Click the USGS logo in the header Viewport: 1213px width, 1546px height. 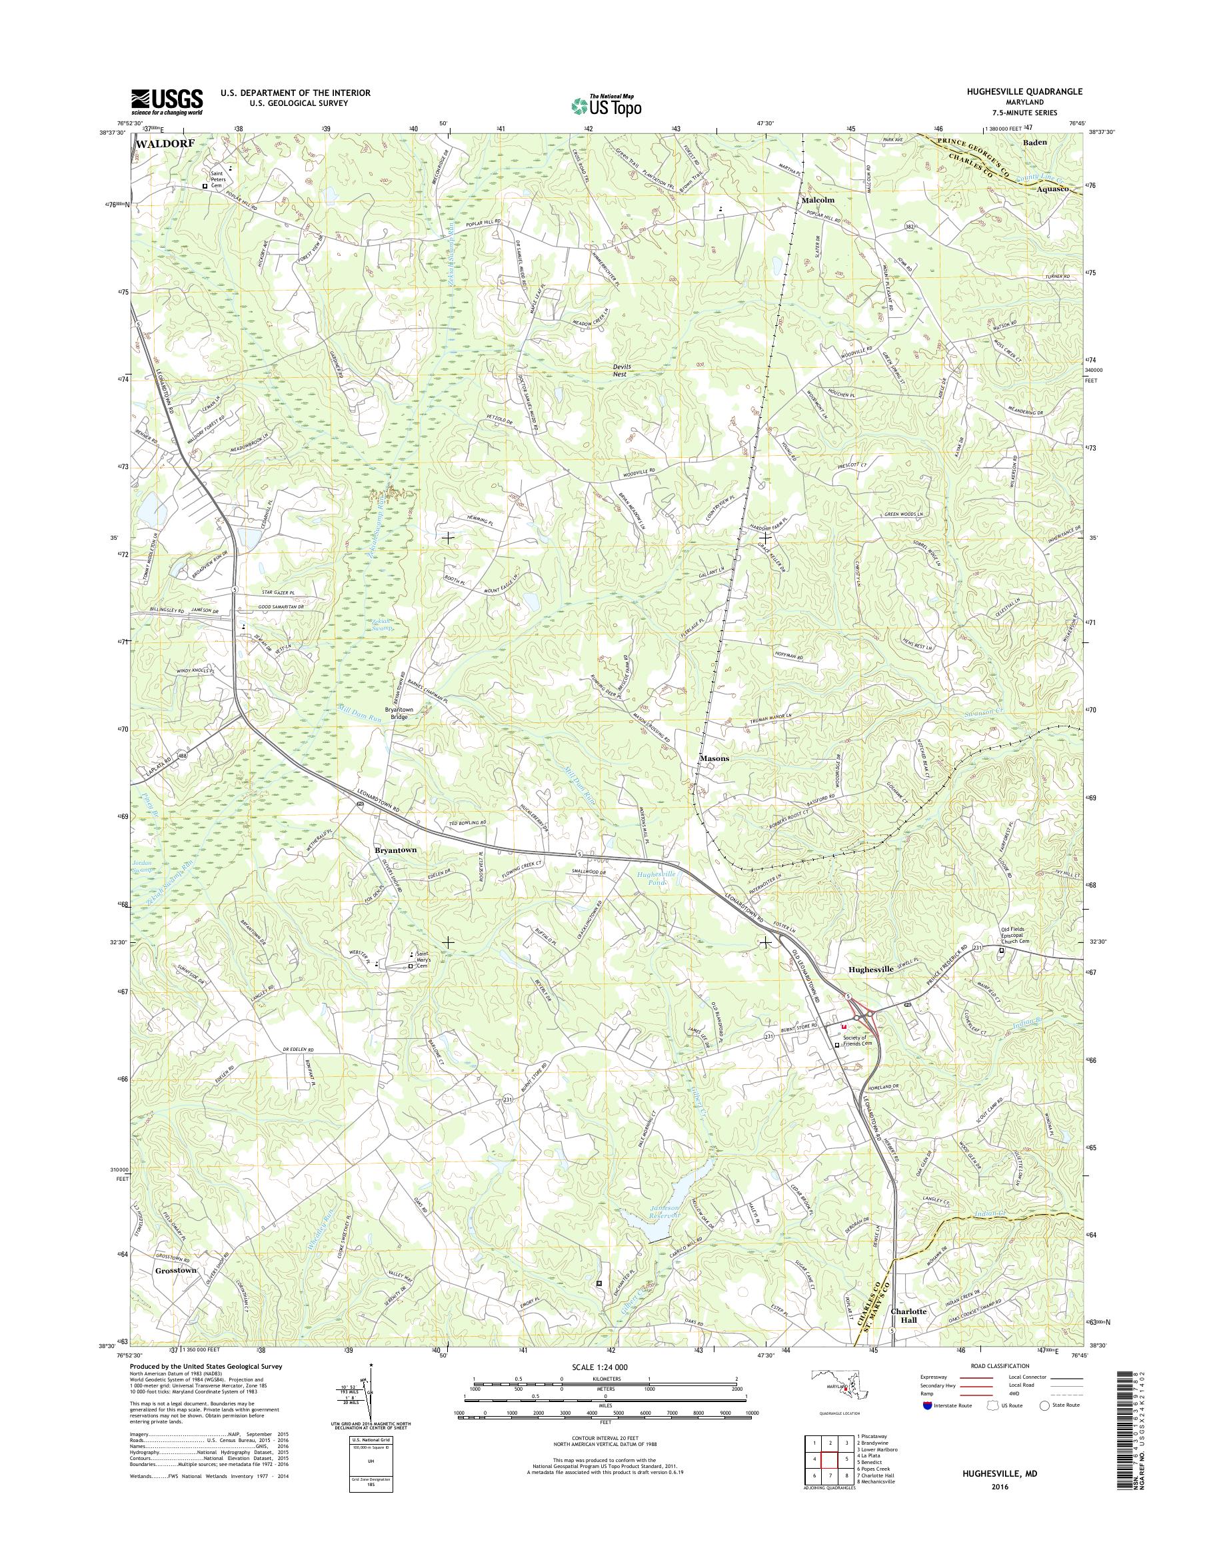166,102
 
